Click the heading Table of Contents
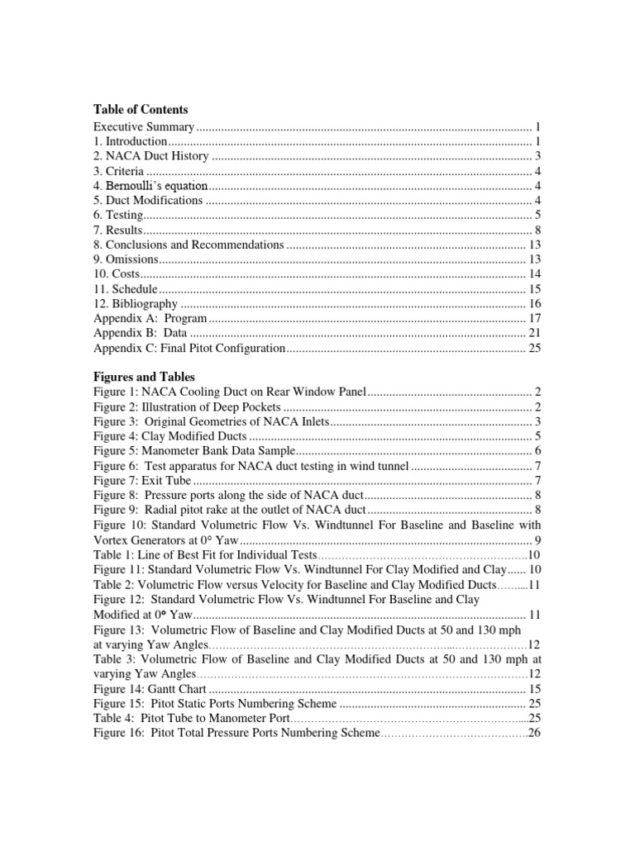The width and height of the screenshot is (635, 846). pyautogui.click(x=141, y=109)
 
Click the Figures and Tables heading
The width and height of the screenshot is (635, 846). pyautogui.click(x=144, y=377)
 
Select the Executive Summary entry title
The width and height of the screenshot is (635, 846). pyautogui.click(x=144, y=127)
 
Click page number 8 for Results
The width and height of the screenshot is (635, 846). pyautogui.click(x=537, y=231)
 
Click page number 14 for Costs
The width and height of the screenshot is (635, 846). pyautogui.click(x=534, y=274)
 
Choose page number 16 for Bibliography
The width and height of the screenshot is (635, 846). pyautogui.click(x=534, y=304)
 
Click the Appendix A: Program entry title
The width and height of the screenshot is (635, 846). pyautogui.click(x=150, y=319)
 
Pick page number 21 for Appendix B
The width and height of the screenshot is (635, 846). pyautogui.click(x=534, y=333)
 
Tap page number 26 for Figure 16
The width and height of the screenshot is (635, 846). pyautogui.click(x=534, y=734)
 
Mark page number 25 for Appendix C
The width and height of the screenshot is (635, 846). pyautogui.click(x=534, y=348)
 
